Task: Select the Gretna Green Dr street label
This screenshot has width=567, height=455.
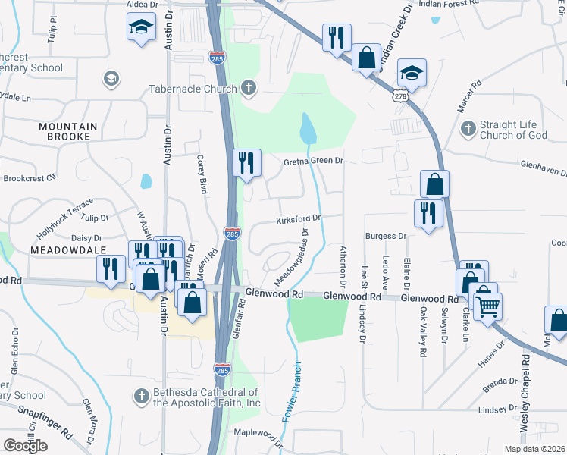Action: click(x=314, y=161)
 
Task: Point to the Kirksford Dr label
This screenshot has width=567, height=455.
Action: click(x=299, y=218)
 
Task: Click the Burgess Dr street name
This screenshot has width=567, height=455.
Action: click(x=387, y=236)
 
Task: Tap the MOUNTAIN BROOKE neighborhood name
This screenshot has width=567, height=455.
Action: click(x=68, y=131)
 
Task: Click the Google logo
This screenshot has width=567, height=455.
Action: click(x=25, y=445)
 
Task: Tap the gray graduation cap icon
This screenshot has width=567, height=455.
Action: click(x=111, y=79)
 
